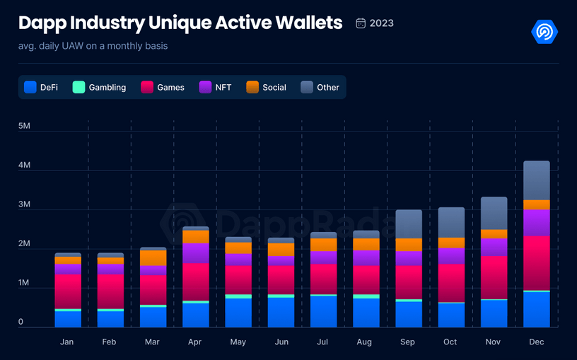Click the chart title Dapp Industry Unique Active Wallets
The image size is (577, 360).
(180, 23)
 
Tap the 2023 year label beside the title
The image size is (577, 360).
(375, 23)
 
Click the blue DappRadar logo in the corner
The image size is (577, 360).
(544, 32)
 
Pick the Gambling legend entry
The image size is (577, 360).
(100, 88)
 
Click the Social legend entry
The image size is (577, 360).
(267, 88)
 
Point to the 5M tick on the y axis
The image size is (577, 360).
(25, 126)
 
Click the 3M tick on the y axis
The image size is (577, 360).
(25, 204)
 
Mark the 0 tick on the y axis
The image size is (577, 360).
(21, 322)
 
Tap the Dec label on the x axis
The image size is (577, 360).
(537, 342)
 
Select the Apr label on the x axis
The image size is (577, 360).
(196, 342)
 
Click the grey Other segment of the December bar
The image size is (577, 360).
(537, 180)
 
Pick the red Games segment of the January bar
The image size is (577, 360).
(68, 291)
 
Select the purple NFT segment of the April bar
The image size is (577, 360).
(196, 252)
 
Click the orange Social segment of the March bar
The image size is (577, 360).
(153, 257)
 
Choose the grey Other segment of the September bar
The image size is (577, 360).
(409, 224)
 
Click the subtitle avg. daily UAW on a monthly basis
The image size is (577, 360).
(93, 47)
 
